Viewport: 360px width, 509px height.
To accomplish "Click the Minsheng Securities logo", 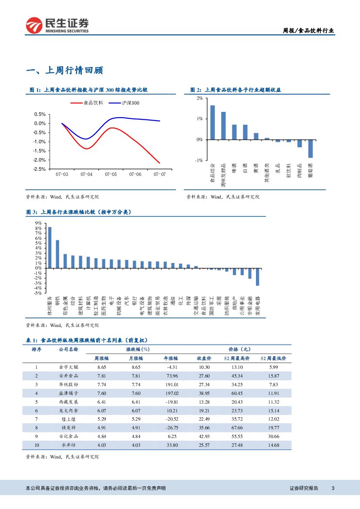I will point(57,25).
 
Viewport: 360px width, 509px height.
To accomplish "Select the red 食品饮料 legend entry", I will point(87,103).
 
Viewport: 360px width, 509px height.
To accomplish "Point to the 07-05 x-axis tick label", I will point(111,174).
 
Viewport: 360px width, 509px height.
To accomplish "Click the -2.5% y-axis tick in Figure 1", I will point(40,169).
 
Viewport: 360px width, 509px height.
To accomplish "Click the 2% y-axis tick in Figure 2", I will point(199,98).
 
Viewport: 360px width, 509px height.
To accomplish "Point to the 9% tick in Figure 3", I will point(39,223).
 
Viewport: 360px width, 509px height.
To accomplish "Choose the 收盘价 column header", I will point(204,358).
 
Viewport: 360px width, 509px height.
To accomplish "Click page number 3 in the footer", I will point(333,488).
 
